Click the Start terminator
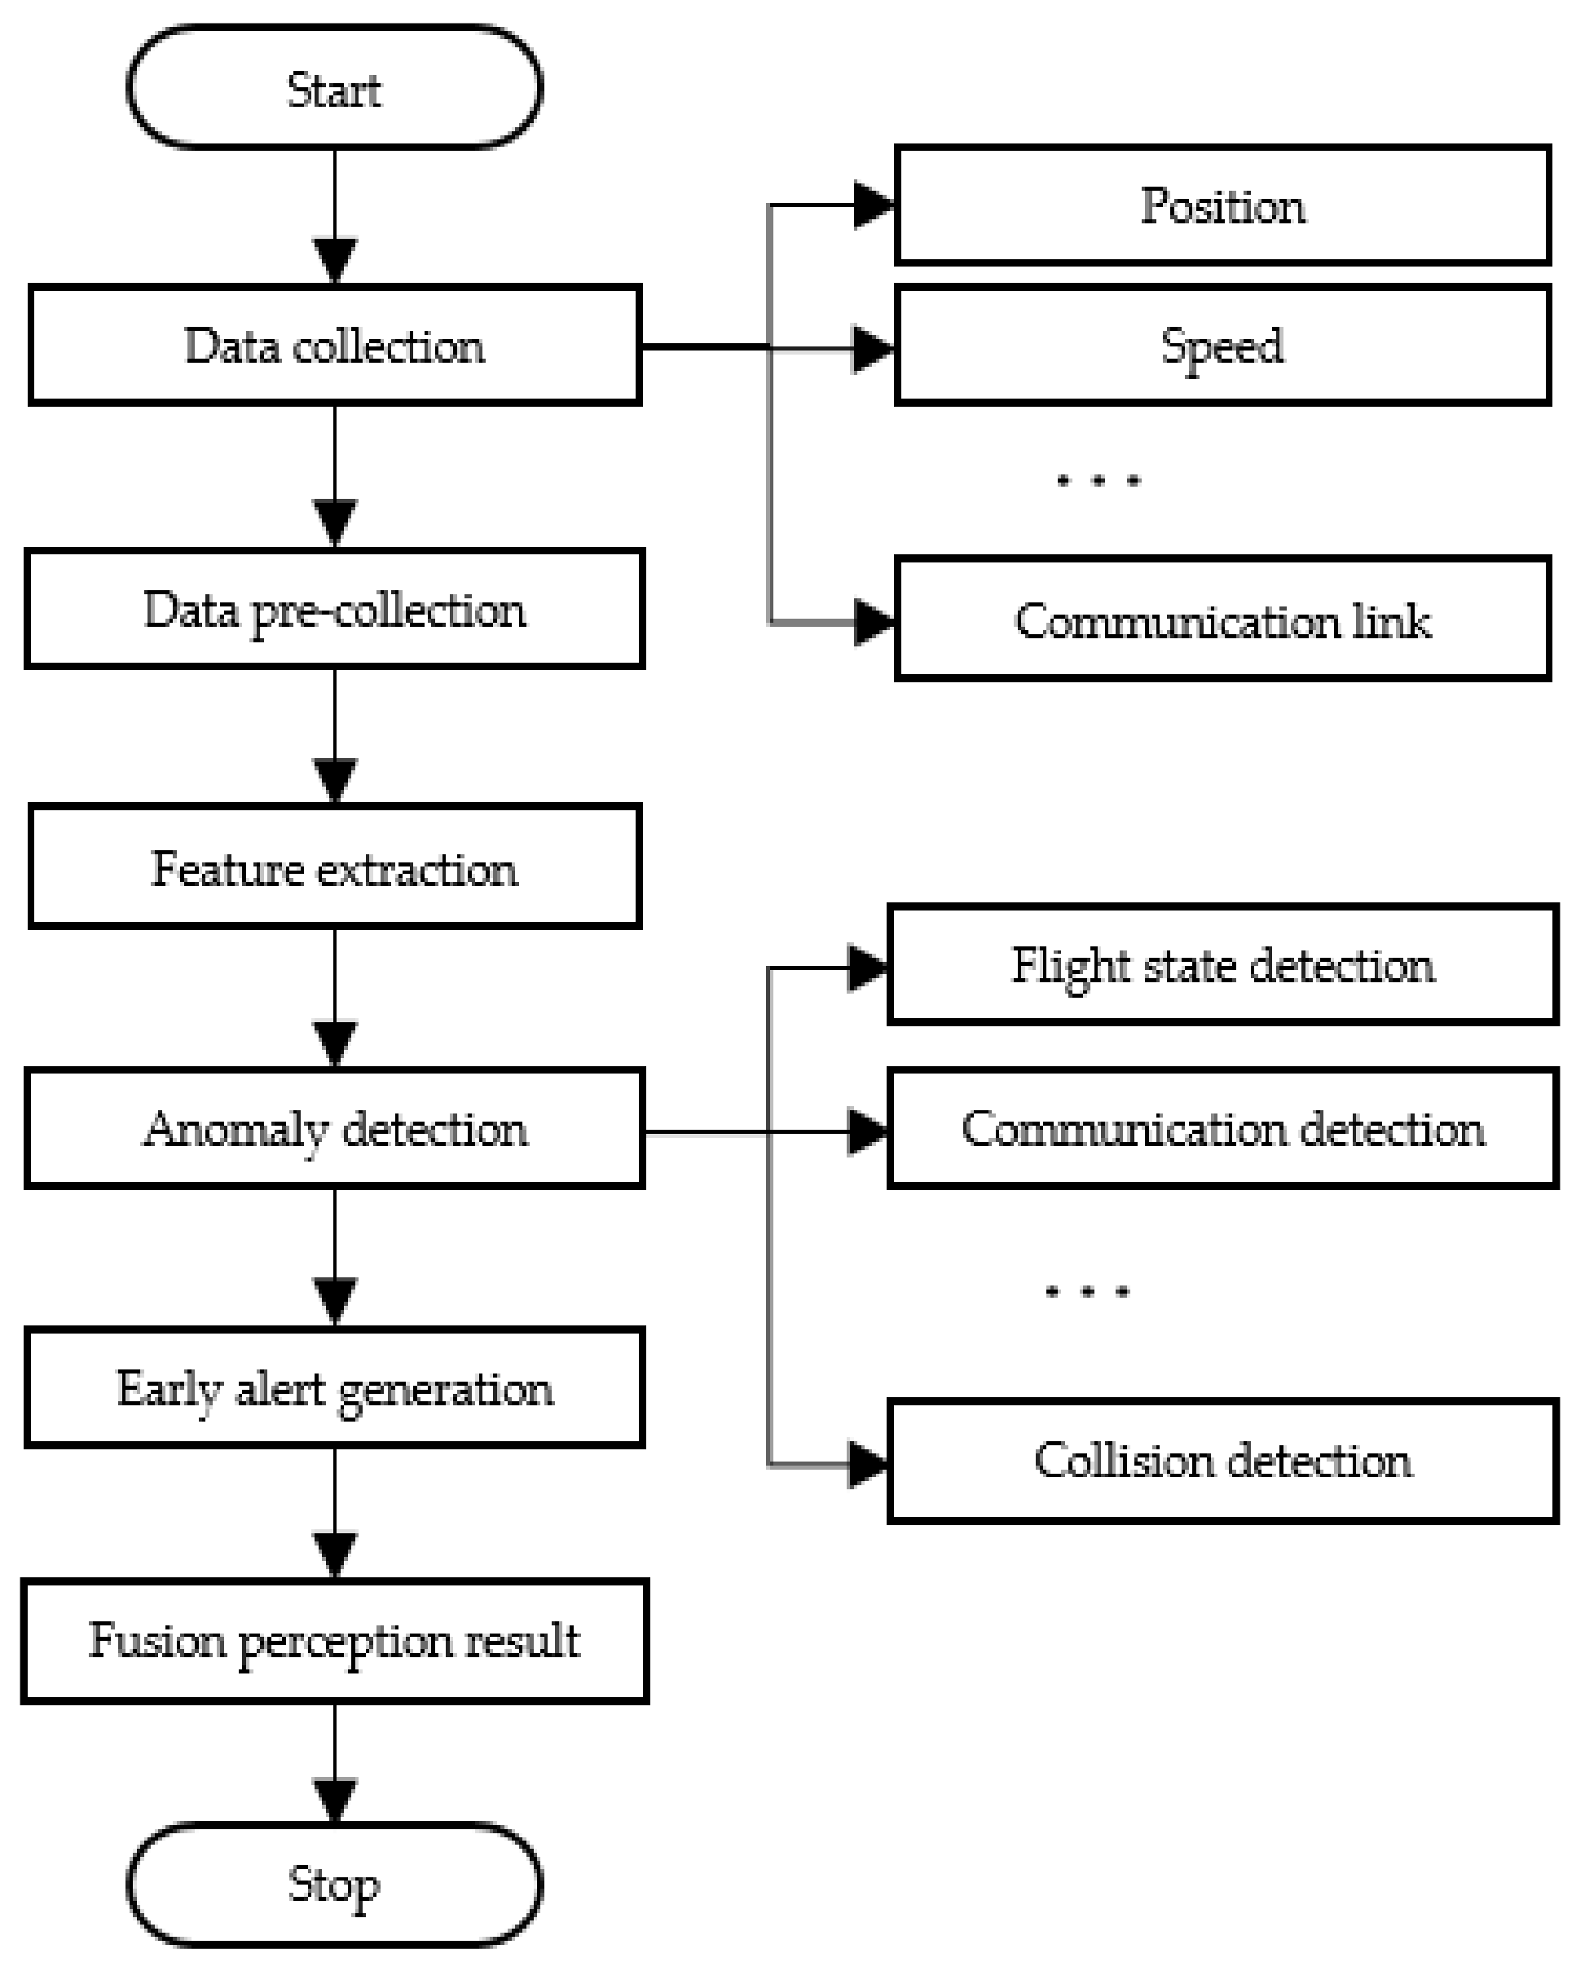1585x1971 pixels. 335,88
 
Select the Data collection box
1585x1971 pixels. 335,346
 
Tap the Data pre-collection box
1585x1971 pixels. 335,609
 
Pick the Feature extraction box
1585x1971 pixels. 335,867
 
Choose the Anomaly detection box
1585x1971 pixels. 335,1128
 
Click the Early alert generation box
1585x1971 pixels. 335,1387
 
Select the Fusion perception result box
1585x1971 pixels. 335,1641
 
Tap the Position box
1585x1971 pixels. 1222,205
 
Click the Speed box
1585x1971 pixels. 1222,346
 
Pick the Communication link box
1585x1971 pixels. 1222,620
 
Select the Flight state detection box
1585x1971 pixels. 1222,965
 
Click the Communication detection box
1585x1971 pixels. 1222,1128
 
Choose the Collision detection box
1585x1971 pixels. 1222,1460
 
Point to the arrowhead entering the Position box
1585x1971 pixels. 874,205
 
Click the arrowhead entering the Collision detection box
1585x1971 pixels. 867,1465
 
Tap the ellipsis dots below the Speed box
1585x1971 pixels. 1098,481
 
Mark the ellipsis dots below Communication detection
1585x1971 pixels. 1087,1292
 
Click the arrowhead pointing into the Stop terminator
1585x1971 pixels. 335,1799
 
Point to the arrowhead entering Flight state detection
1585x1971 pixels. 867,968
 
